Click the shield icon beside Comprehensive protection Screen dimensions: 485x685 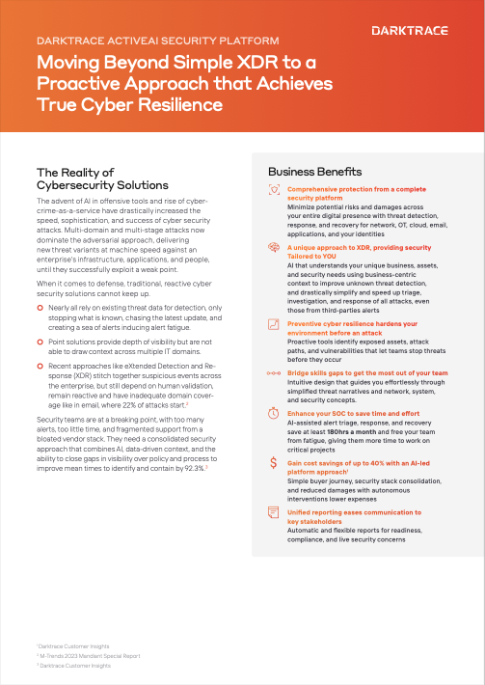pos(273,192)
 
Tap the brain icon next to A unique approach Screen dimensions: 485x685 pos(273,248)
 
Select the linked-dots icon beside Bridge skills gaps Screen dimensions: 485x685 pos(273,370)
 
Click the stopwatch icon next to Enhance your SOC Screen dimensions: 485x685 pos(273,413)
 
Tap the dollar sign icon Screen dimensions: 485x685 pos(273,464)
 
